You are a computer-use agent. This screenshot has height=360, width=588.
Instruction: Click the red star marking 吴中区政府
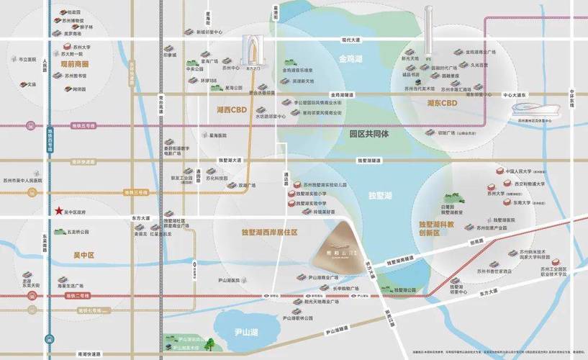[x=58, y=211]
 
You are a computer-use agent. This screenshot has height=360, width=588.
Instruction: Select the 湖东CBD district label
[x=438, y=104]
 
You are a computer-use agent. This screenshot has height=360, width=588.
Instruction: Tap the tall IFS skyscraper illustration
[x=428, y=29]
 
